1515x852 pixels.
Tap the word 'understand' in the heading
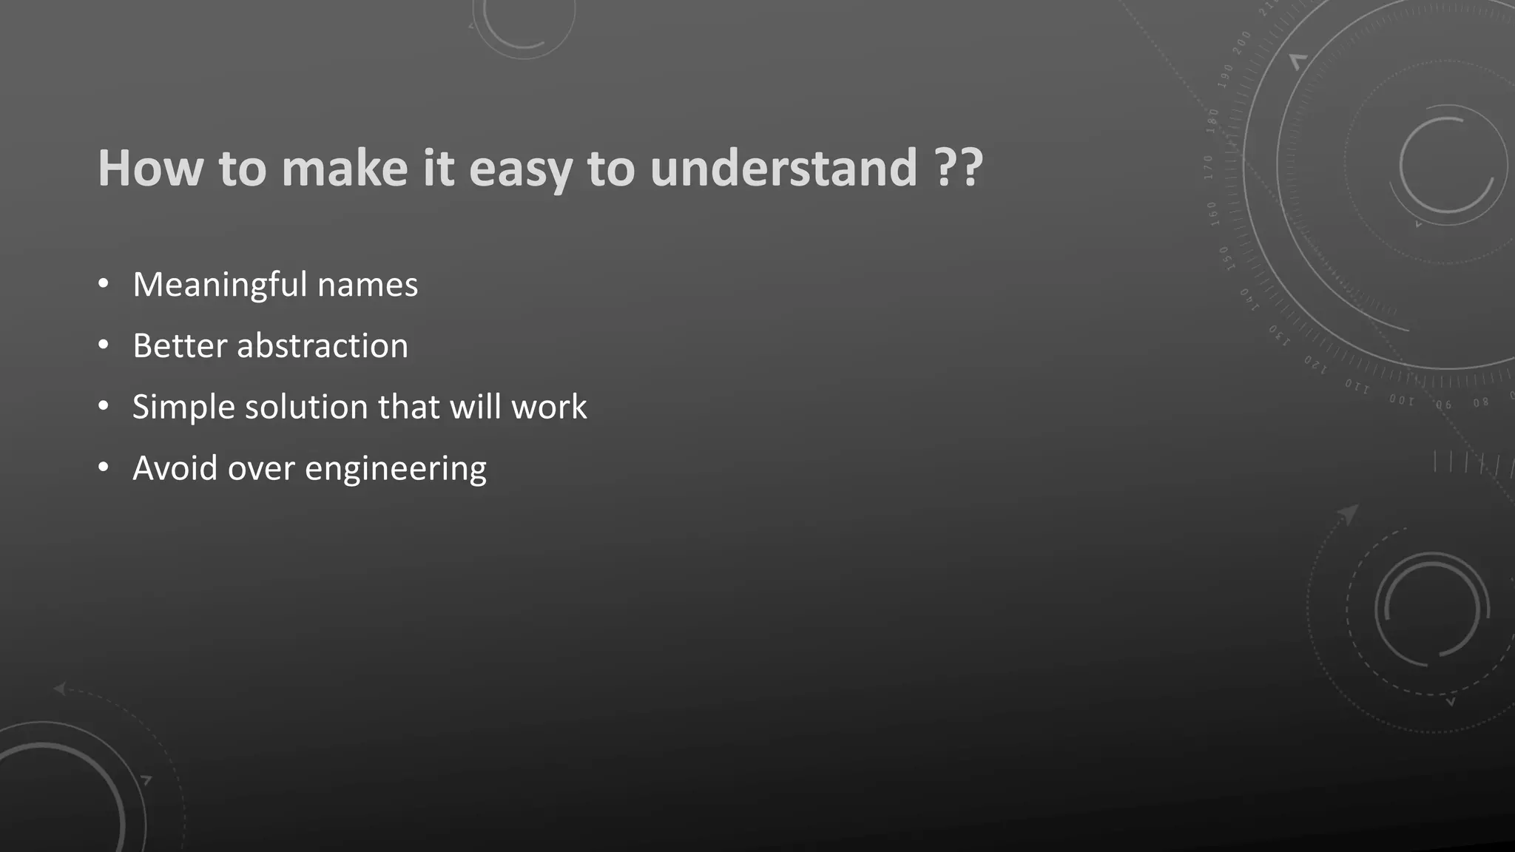click(783, 168)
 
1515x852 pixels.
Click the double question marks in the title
click(959, 168)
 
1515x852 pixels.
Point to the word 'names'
click(367, 285)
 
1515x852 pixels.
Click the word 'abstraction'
click(322, 346)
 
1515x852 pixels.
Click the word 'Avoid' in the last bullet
click(174, 469)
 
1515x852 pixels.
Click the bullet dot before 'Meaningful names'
click(104, 284)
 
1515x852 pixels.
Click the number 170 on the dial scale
click(1208, 168)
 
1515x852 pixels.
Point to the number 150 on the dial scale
click(1226, 259)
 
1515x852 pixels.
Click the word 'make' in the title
click(344, 168)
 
